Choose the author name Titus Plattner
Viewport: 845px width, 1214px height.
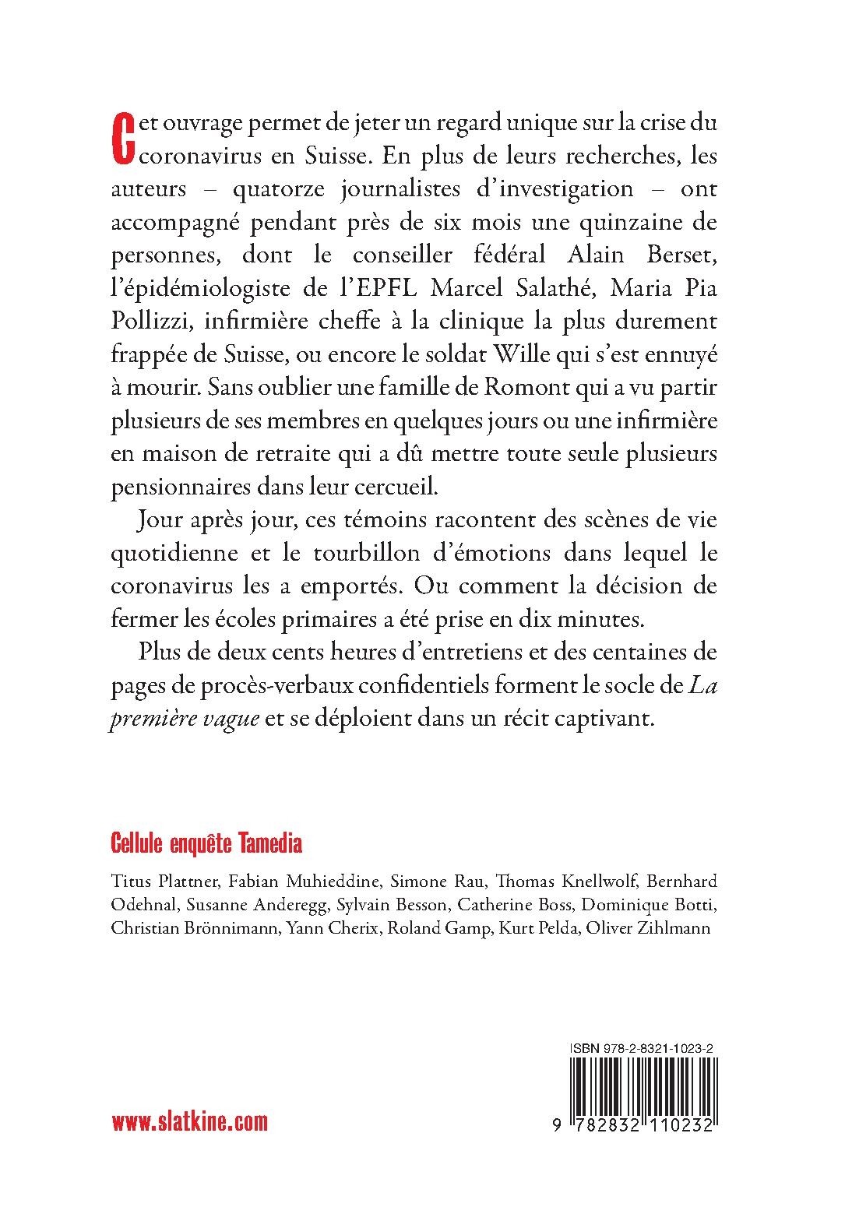[161, 882]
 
